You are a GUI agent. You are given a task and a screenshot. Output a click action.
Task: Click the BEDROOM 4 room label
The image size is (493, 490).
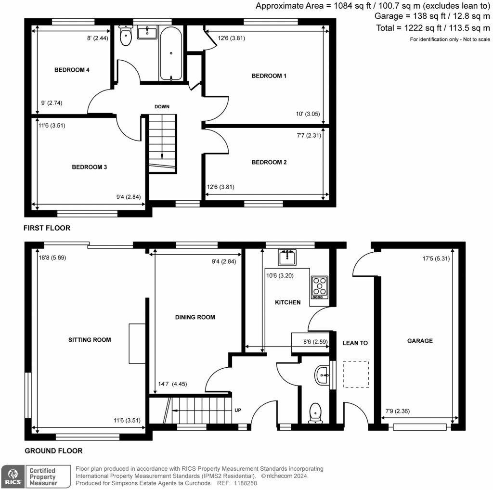[72, 70]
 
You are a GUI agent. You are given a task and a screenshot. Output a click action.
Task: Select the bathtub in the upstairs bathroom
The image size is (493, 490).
[170, 54]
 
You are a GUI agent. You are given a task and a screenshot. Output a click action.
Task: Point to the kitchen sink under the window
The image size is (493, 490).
[288, 258]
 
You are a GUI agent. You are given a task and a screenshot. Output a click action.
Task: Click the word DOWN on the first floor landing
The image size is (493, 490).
[162, 106]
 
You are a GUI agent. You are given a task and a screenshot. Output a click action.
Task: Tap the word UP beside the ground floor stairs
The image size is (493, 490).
[238, 411]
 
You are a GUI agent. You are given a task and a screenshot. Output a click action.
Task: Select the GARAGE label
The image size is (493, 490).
[420, 341]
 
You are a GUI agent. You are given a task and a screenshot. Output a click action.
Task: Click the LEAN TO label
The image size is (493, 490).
[355, 343]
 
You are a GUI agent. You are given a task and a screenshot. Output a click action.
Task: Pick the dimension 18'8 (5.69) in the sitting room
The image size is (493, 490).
[52, 258]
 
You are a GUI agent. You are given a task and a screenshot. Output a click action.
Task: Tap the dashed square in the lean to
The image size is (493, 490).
[355, 374]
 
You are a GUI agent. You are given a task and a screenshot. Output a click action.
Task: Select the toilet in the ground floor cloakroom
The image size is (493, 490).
[315, 412]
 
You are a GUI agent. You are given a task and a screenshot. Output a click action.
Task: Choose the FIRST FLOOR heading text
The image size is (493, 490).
[47, 228]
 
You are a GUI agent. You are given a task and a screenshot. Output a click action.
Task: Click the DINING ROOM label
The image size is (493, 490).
[195, 317]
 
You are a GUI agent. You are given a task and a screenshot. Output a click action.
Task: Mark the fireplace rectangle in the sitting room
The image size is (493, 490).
[137, 343]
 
